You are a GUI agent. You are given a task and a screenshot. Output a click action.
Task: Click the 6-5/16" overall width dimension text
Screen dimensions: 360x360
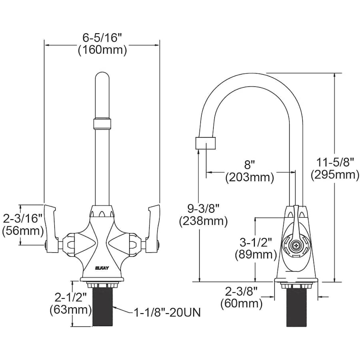click(102, 38)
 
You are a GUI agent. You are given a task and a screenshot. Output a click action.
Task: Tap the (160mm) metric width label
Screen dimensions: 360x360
click(102, 50)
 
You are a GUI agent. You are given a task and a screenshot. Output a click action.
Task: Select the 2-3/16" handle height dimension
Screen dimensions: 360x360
click(22, 218)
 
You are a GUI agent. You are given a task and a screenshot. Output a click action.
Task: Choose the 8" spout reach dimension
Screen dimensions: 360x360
click(250, 164)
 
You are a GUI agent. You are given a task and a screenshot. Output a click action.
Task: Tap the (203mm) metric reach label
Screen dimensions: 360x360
click(250, 177)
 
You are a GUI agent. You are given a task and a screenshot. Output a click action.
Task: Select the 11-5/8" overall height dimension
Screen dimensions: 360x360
click(335, 162)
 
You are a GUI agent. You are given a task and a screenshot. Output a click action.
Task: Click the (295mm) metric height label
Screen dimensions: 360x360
click(335, 175)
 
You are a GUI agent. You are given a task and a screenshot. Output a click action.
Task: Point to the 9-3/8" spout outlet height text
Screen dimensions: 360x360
click(204, 208)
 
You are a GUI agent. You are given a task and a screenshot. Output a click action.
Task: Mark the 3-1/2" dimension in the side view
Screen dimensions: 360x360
click(256, 242)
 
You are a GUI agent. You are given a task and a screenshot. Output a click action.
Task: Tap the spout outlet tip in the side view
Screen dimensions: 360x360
click(206, 143)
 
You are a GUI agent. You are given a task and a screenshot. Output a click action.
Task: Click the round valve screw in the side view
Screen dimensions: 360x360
click(296, 245)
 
